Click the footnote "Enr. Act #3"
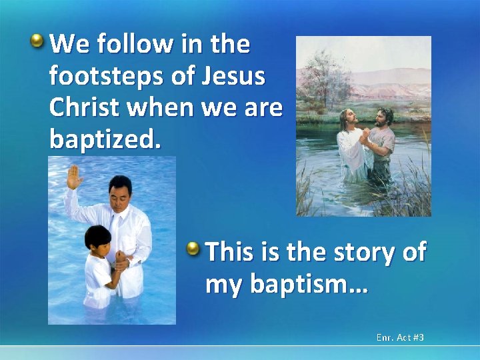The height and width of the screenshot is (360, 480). [400, 338]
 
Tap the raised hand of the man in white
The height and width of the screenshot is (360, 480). [74, 177]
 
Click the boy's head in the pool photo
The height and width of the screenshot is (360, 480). [97, 239]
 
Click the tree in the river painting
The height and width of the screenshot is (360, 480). [326, 76]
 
